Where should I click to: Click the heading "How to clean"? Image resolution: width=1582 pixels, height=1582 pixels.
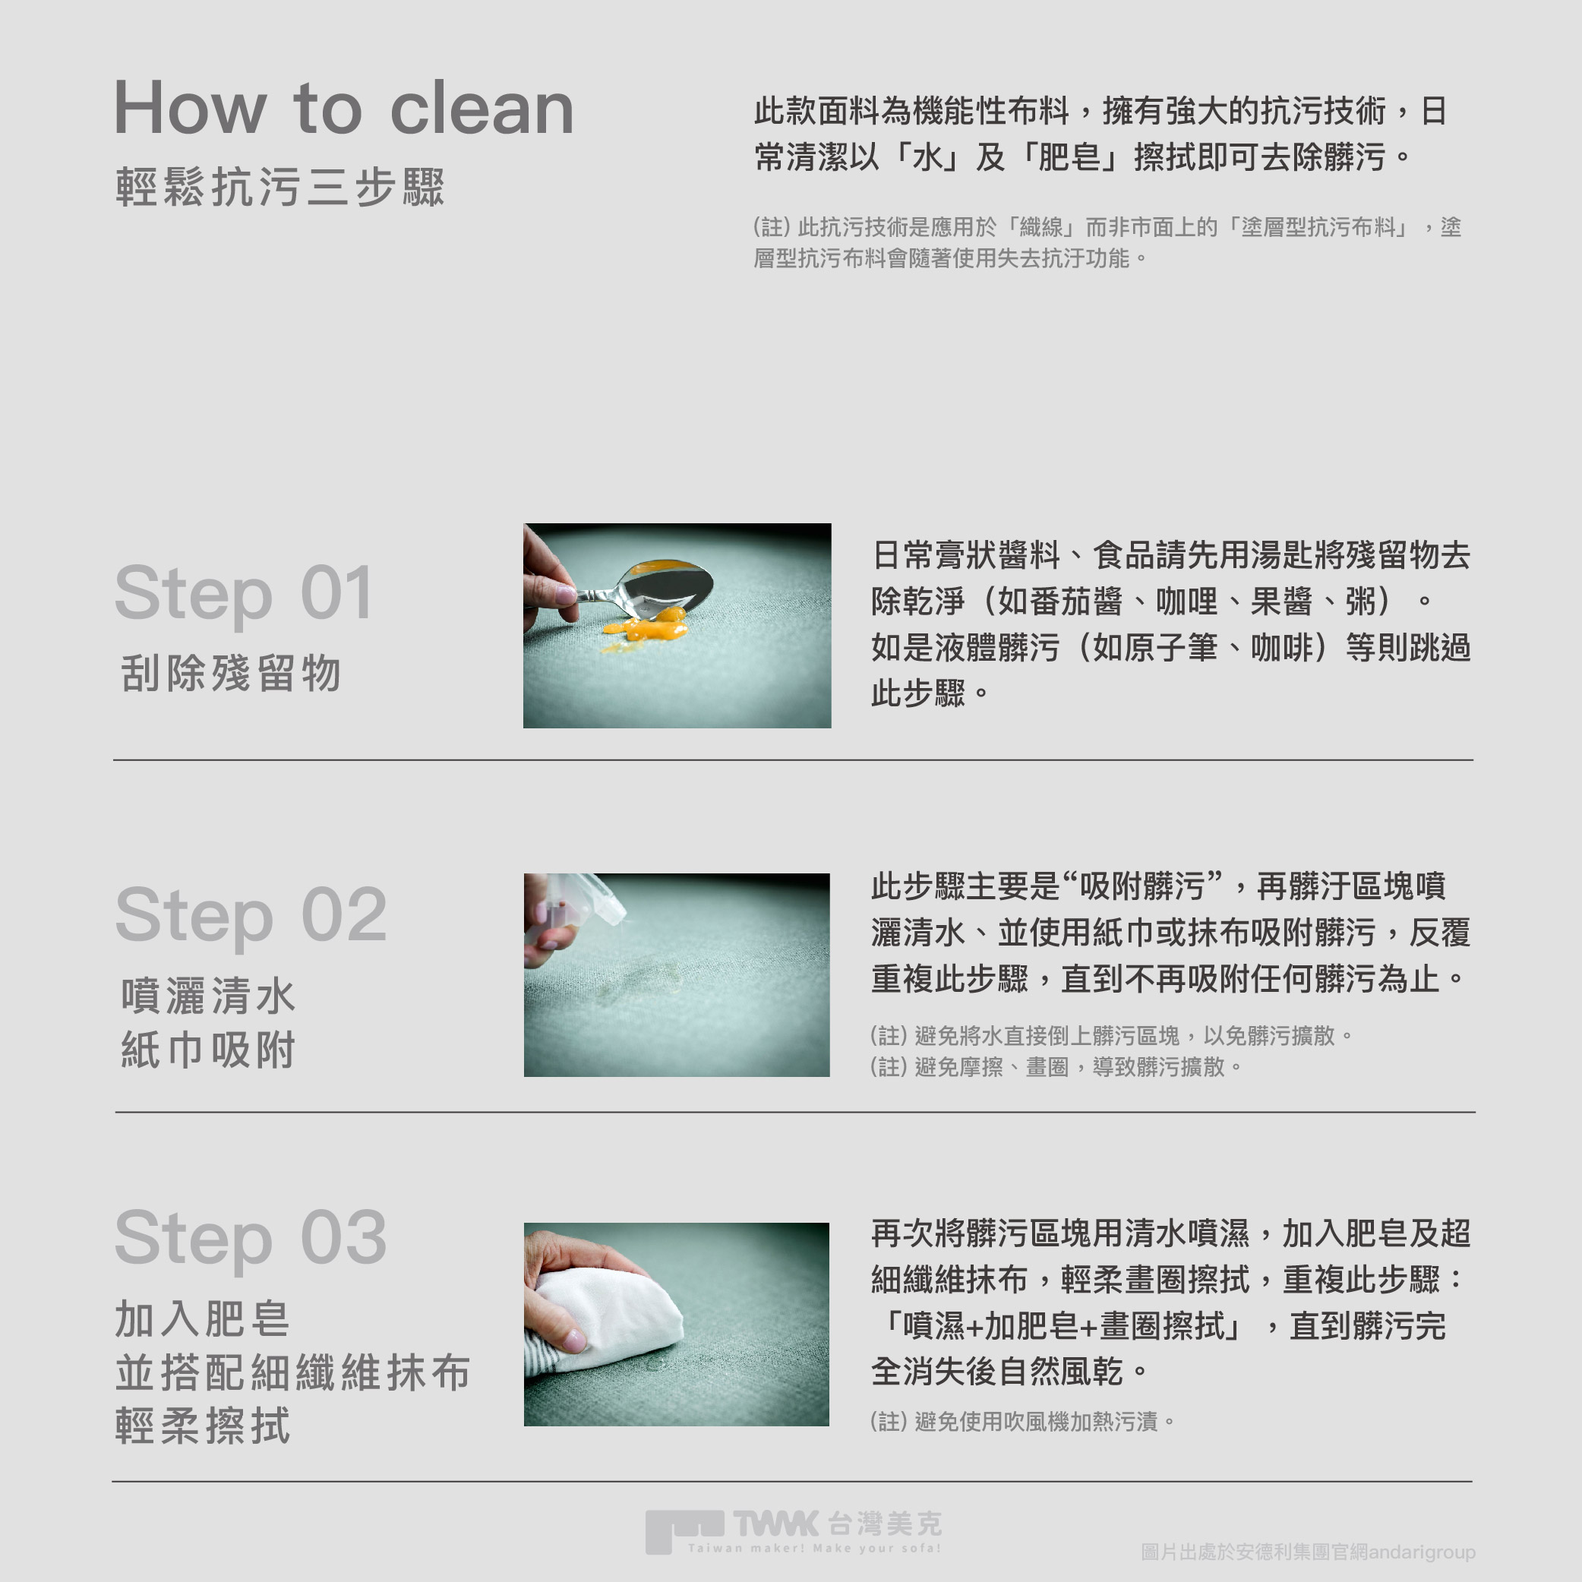344,108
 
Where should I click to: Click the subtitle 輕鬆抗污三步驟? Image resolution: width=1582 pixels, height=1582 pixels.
280,187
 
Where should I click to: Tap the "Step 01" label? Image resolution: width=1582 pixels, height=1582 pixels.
244,594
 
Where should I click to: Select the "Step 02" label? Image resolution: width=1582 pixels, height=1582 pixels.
251,915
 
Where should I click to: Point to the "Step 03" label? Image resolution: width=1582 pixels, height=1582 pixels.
251,1237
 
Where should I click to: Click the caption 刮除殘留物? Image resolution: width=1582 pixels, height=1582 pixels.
231,673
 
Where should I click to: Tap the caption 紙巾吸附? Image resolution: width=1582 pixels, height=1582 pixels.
208,1050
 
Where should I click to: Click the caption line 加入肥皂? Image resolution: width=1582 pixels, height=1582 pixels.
203,1319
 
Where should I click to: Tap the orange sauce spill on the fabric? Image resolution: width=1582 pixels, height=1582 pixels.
646,627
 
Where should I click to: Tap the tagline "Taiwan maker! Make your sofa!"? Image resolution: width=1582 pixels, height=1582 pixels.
815,1548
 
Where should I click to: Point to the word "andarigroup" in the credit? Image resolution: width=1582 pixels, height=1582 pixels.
1423,1552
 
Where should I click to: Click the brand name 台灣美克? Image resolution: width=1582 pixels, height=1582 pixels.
885,1523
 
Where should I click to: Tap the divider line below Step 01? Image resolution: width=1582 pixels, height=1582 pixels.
794,760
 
